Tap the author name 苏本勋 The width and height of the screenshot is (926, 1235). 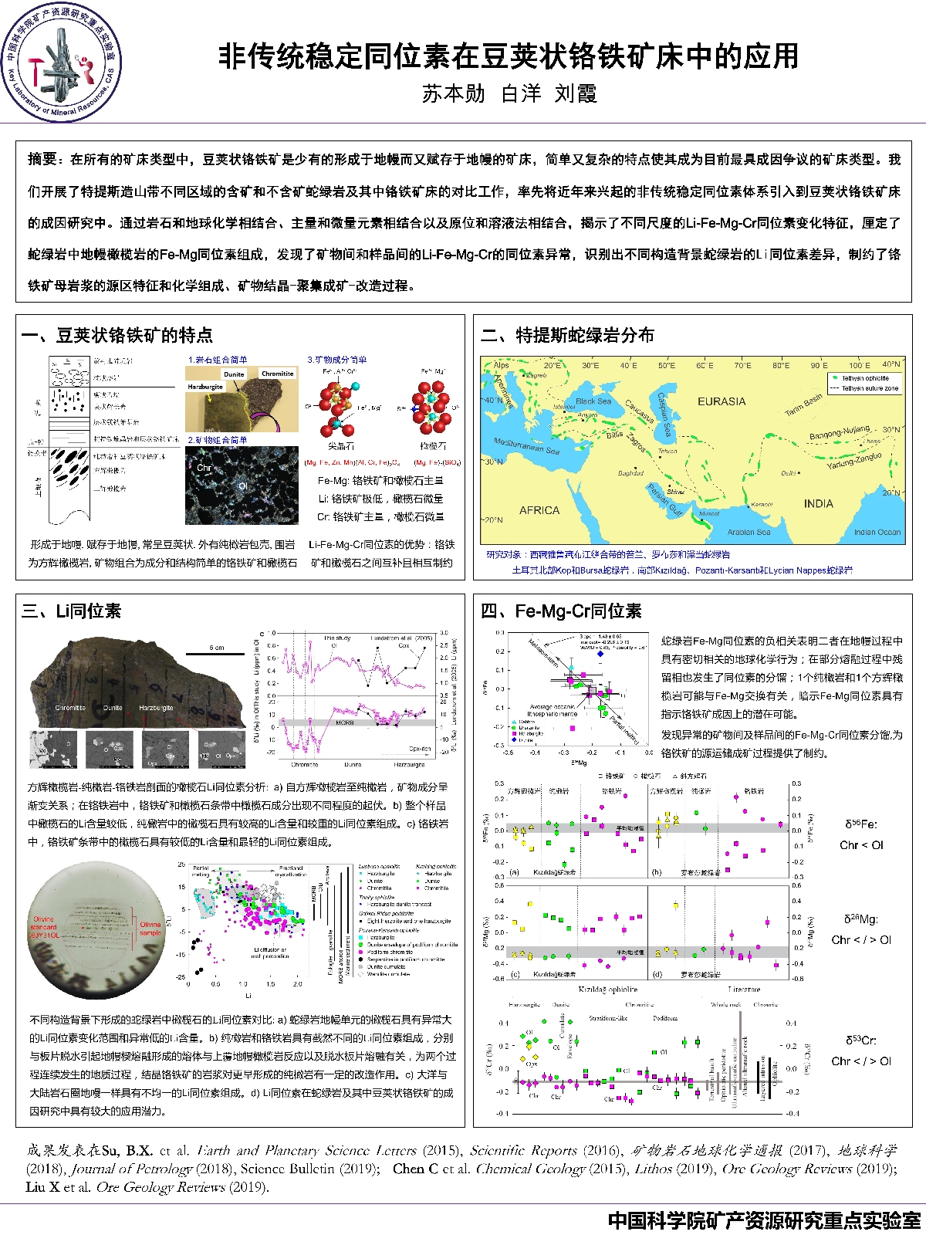click(x=454, y=94)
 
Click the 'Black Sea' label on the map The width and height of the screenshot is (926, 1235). click(x=593, y=401)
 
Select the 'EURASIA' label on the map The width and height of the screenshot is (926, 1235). click(x=722, y=401)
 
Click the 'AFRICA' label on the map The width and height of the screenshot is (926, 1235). click(x=539, y=510)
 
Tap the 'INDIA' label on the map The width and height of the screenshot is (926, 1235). click(x=818, y=503)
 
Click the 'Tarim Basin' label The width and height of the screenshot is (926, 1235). click(x=803, y=404)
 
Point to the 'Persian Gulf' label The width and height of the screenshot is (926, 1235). click(x=664, y=500)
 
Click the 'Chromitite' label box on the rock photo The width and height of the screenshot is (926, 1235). click(x=277, y=373)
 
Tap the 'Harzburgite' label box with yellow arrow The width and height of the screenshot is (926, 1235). click(x=205, y=386)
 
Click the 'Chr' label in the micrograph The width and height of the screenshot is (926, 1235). click(x=203, y=468)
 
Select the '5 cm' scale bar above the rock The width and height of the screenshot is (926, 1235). click(x=217, y=648)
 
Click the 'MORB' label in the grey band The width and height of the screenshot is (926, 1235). click(x=344, y=723)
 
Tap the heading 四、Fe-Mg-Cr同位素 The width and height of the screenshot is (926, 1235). click(x=561, y=611)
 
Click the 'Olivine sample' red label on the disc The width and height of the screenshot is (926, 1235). click(x=150, y=929)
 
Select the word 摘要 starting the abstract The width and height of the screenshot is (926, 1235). click(x=42, y=159)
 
